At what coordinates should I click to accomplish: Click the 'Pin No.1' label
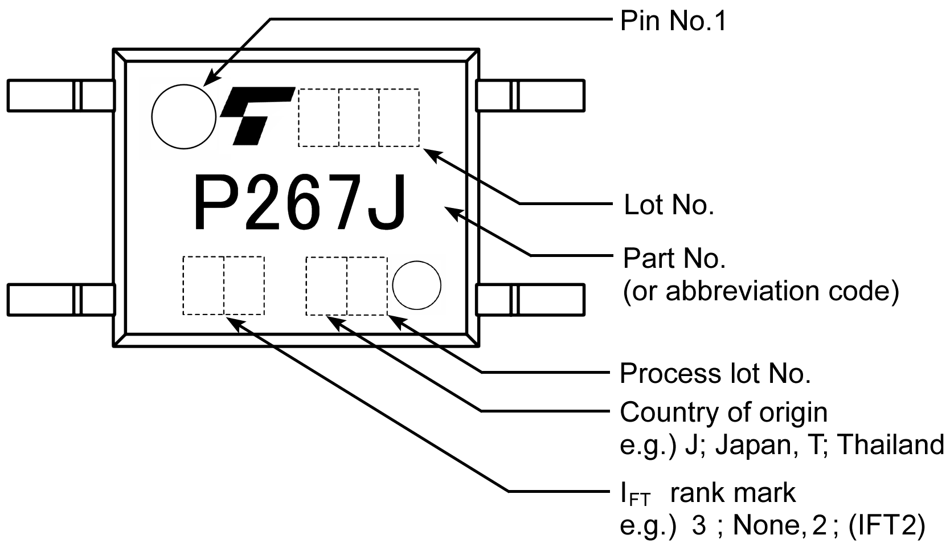[673, 22]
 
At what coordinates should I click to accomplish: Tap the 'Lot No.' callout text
[669, 205]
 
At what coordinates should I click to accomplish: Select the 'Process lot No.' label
[715, 374]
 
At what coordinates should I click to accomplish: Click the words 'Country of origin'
[723, 413]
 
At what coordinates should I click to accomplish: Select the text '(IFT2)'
[886, 525]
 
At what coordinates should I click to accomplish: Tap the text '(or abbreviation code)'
[761, 291]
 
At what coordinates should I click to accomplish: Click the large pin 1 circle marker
[184, 117]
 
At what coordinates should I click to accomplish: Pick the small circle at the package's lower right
[417, 285]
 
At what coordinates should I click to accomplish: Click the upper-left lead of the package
[60, 95]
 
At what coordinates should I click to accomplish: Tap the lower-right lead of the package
[530, 299]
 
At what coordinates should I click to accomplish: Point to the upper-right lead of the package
[530, 95]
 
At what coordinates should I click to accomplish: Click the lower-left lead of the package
[60, 299]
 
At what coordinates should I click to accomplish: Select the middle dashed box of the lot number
[359, 117]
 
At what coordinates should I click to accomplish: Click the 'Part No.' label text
[674, 259]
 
